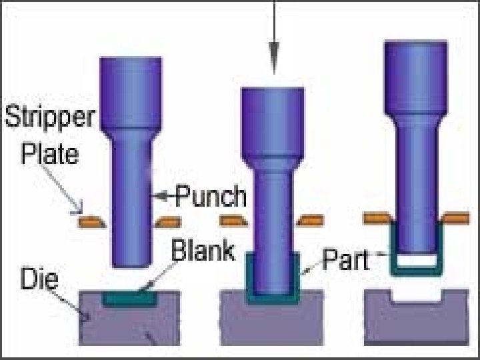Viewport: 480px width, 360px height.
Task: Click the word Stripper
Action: point(51,119)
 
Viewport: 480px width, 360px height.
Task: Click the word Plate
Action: point(50,154)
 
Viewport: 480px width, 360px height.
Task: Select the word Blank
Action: point(203,251)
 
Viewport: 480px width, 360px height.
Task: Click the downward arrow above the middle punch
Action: point(274,53)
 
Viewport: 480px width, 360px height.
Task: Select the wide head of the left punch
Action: point(131,91)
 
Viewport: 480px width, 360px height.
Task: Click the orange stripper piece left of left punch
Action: point(91,220)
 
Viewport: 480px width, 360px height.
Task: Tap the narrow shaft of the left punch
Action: point(131,200)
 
